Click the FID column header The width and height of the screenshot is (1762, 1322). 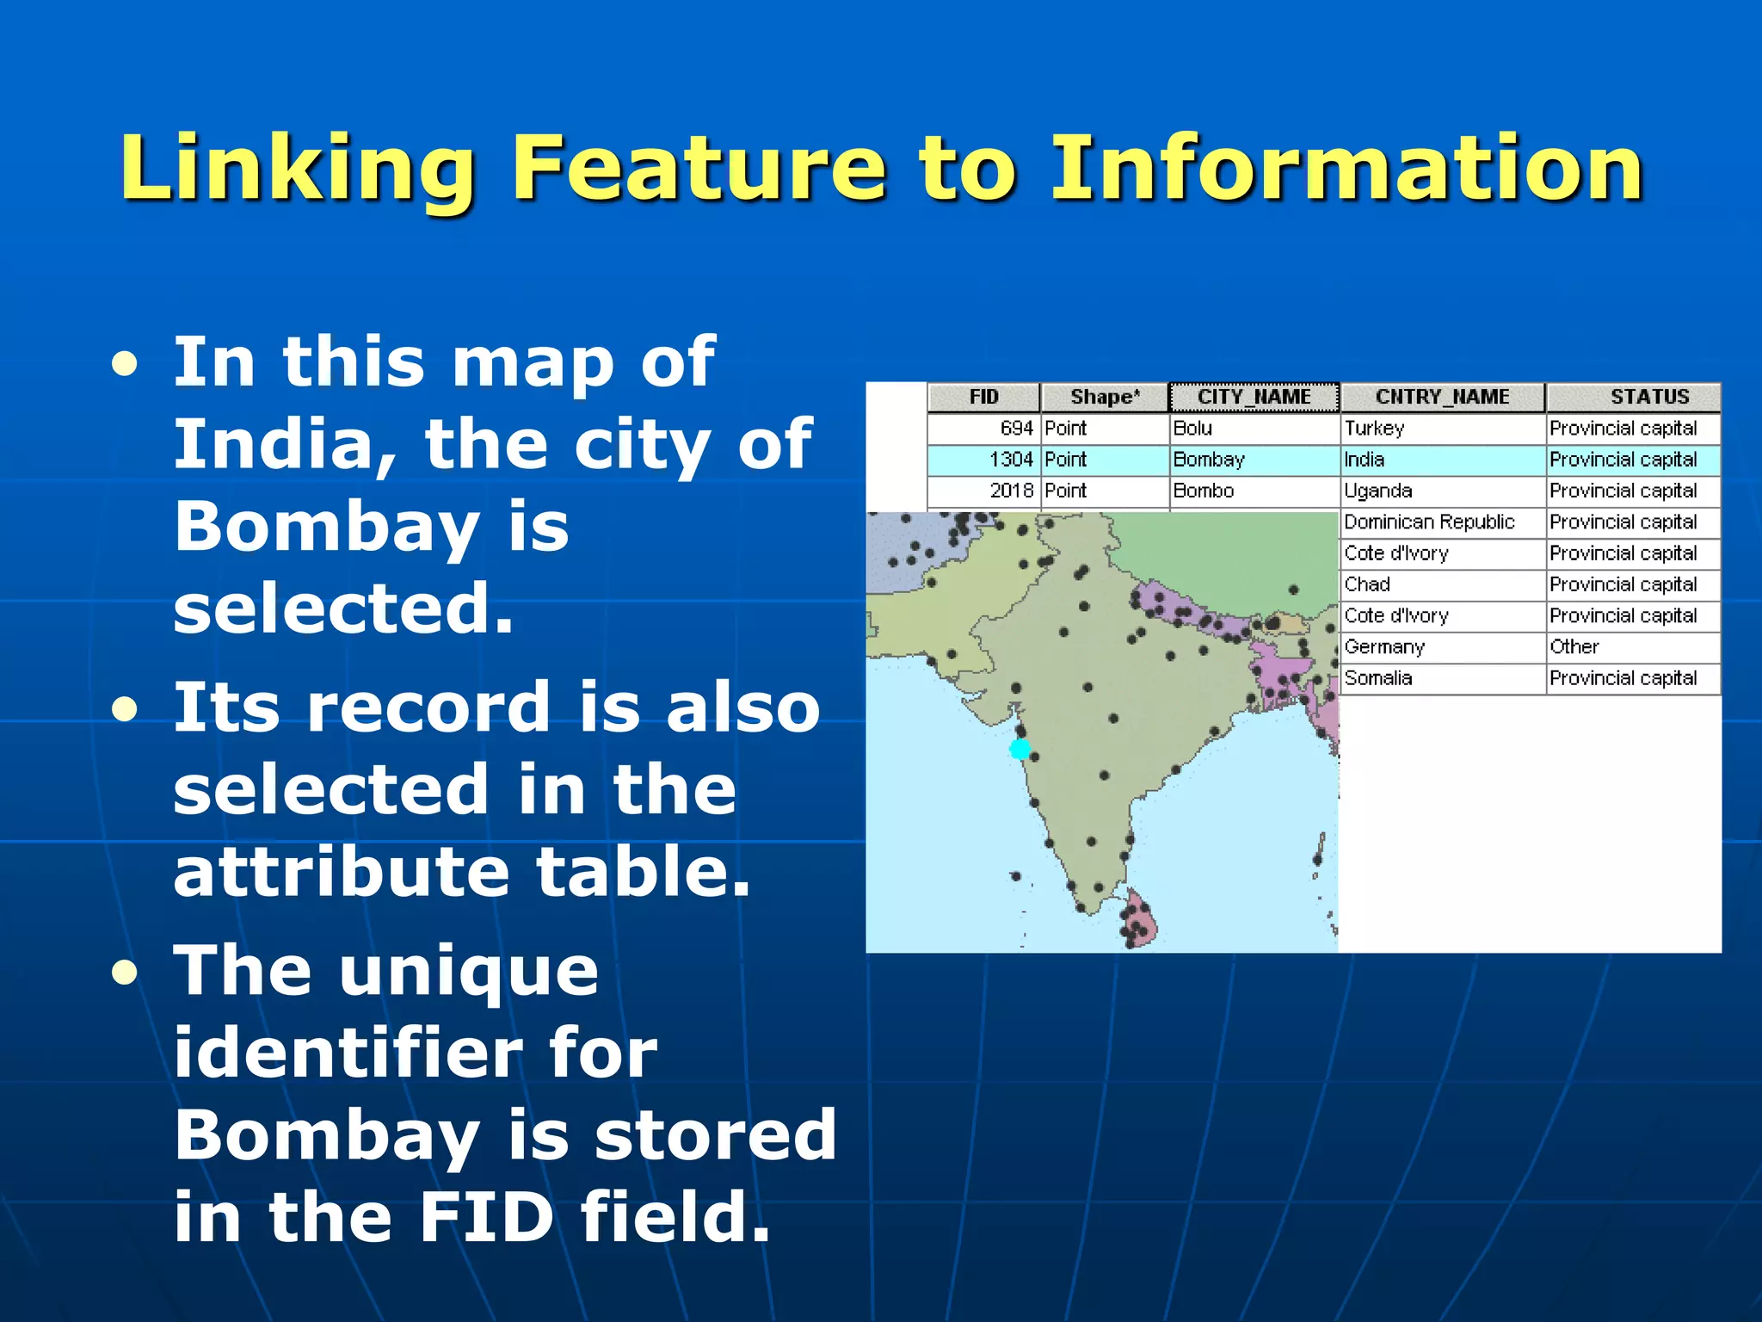pos(983,397)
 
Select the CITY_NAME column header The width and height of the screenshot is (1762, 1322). pos(1254,397)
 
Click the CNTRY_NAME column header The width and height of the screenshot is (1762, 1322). pos(1442,397)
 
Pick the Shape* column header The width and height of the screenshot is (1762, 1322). pos(1104,397)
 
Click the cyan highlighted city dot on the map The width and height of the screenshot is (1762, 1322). pos(1020,749)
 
